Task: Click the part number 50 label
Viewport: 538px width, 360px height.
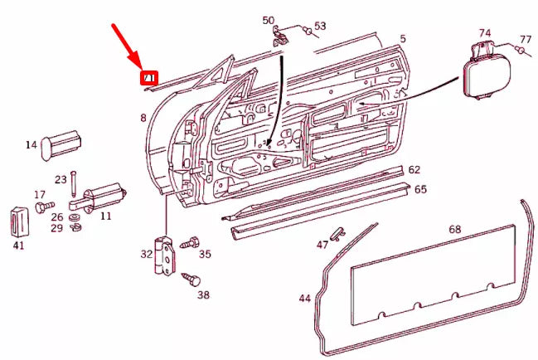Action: point(268,20)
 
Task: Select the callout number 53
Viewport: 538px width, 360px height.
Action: point(320,27)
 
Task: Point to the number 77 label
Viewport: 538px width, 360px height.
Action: point(526,39)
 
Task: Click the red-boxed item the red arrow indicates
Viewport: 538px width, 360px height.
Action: point(148,79)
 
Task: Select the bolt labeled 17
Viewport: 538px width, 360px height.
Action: point(47,203)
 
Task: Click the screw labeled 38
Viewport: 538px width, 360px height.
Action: point(191,279)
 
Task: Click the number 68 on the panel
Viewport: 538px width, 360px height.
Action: point(454,229)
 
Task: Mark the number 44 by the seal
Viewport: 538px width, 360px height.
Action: point(305,298)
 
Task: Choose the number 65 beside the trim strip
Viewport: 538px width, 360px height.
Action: point(420,189)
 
